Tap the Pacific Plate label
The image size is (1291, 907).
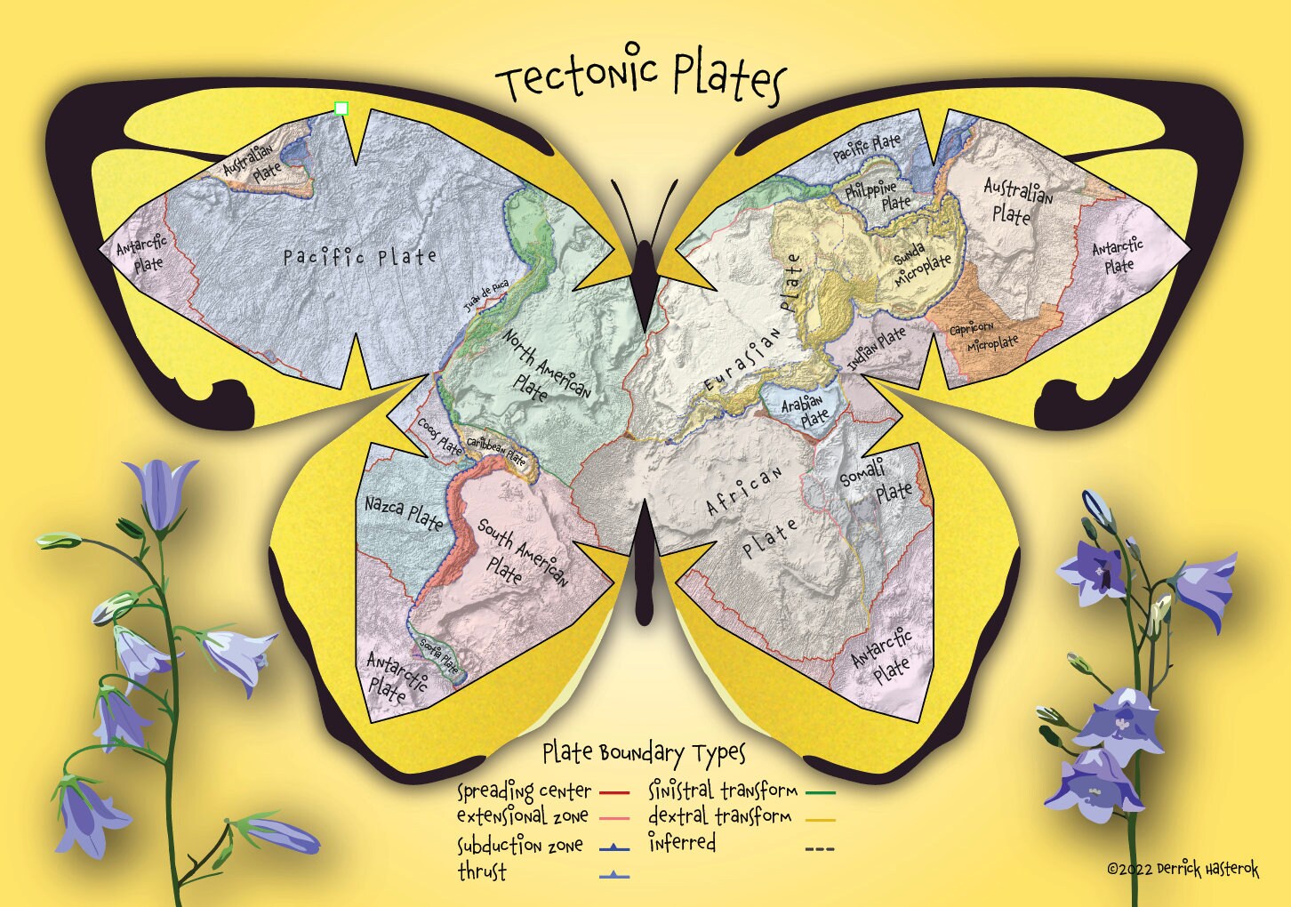(x=360, y=258)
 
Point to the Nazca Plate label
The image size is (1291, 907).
(x=404, y=512)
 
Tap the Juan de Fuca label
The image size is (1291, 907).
(x=485, y=297)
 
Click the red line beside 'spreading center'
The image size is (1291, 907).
(x=614, y=791)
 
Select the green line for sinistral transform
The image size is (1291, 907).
(x=820, y=791)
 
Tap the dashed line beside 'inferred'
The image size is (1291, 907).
(x=820, y=849)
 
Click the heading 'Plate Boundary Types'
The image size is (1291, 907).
(x=645, y=753)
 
